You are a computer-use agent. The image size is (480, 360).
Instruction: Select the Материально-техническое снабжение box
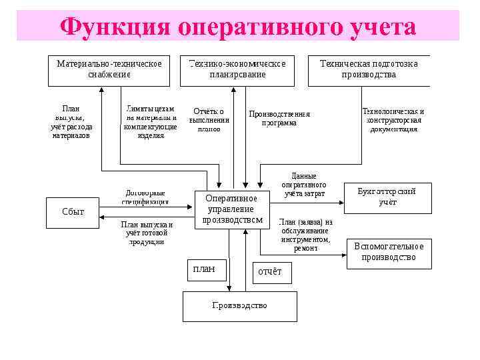click(x=109, y=69)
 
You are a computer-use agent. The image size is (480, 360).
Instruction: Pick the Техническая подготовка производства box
click(x=369, y=69)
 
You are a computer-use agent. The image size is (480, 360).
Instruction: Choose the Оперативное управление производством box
click(x=231, y=209)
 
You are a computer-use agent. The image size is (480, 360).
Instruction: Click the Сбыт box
click(x=73, y=211)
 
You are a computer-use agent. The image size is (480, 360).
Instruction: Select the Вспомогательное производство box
click(x=389, y=252)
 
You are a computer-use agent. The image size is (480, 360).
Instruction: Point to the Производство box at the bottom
click(x=239, y=305)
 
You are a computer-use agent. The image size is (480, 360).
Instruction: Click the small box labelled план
click(x=204, y=269)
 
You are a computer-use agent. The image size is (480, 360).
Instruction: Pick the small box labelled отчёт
click(x=270, y=271)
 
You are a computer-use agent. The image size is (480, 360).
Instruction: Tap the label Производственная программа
click(x=279, y=118)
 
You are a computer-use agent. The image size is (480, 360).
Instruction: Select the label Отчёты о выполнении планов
click(x=209, y=120)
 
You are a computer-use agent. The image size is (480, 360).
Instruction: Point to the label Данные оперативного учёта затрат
click(x=304, y=185)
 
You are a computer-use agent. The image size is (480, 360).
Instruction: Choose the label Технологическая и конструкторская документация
click(x=393, y=120)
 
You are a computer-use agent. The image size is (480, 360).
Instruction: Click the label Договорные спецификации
click(x=145, y=196)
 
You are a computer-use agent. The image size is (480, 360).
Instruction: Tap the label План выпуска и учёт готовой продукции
click(x=147, y=233)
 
